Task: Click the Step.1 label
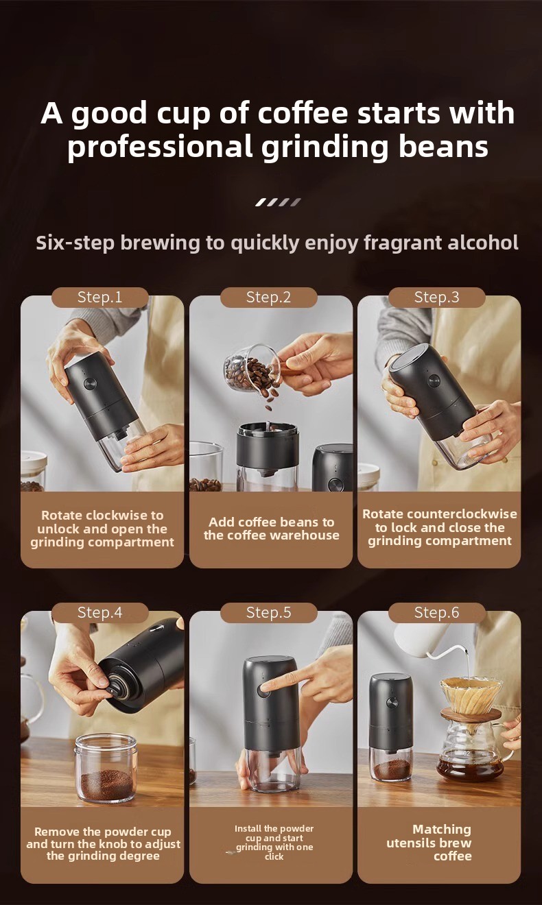click(x=100, y=298)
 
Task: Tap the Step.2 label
click(x=268, y=298)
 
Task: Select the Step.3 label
click(x=436, y=298)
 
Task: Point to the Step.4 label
click(x=100, y=612)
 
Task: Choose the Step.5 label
click(x=268, y=612)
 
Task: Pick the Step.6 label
click(x=436, y=612)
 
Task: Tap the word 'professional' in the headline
click(x=160, y=147)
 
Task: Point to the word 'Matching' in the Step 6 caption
click(x=442, y=829)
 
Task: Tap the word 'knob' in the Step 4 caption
click(x=113, y=844)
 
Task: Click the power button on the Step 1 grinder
click(x=90, y=383)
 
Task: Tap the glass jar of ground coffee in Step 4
click(x=106, y=768)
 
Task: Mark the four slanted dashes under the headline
click(x=278, y=202)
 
